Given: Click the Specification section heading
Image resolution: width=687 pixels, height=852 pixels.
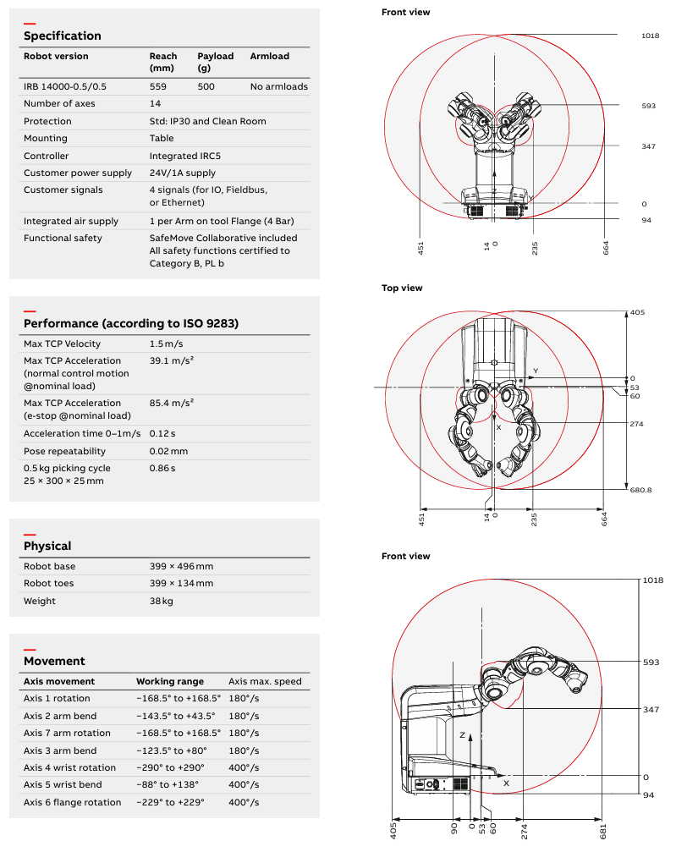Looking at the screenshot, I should click(x=62, y=36).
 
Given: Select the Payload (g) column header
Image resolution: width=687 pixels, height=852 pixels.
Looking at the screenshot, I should click(x=215, y=62).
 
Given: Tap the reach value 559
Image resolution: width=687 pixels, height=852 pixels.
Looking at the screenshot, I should click(x=158, y=86).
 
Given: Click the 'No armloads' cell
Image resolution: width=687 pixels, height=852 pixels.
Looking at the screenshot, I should click(x=278, y=86).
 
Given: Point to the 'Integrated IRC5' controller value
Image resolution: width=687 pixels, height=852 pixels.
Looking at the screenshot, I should click(x=185, y=156).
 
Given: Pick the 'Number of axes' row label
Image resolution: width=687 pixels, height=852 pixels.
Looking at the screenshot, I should click(x=59, y=104).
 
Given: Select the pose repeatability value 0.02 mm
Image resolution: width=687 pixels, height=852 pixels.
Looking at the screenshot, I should click(x=168, y=451).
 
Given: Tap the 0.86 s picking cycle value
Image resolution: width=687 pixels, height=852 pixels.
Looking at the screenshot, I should click(x=162, y=468).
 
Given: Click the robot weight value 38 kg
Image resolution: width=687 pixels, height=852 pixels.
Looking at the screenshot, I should click(x=161, y=601).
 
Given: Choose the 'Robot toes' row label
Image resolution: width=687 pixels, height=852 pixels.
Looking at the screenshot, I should click(x=48, y=584).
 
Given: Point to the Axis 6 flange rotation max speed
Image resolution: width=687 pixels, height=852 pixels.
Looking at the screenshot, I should click(x=244, y=802).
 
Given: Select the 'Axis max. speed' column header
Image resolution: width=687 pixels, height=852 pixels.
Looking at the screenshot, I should click(x=265, y=681).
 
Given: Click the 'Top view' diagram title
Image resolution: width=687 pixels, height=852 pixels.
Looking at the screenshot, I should click(x=402, y=289).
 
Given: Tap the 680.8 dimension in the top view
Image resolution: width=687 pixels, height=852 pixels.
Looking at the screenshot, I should click(x=640, y=490).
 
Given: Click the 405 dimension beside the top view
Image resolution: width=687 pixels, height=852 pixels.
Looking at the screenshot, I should click(x=637, y=312).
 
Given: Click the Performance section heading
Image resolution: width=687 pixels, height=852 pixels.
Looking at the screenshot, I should click(x=131, y=323).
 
